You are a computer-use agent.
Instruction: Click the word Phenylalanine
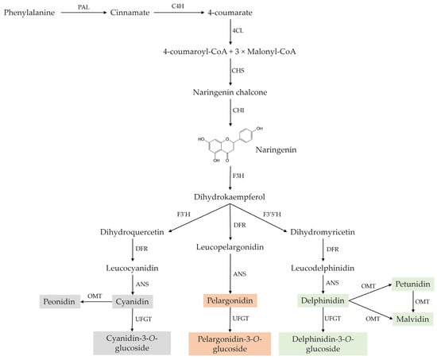point(33,14)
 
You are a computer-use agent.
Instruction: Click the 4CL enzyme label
point(238,31)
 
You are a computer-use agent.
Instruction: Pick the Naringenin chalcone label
point(231,93)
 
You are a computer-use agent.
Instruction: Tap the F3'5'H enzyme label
point(296,213)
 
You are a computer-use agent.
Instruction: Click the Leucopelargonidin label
point(231,247)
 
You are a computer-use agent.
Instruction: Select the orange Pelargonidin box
point(231,301)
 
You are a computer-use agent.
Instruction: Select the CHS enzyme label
point(238,71)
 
